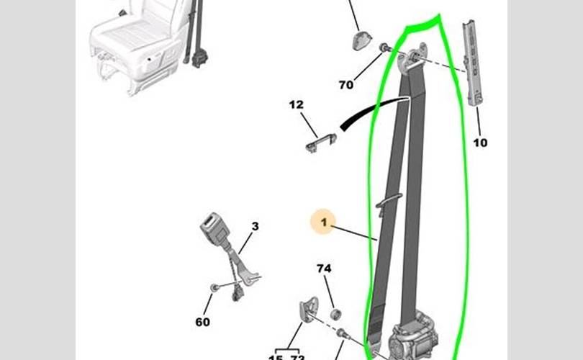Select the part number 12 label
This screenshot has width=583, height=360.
[x=297, y=105]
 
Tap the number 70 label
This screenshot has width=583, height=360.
[x=346, y=85]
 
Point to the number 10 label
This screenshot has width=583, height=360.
[x=480, y=143]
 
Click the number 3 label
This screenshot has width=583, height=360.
[x=255, y=227]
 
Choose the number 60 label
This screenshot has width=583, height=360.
[x=203, y=322]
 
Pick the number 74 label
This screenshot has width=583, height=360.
[x=324, y=269]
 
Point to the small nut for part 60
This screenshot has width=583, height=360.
[x=214, y=288]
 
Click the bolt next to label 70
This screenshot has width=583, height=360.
[x=384, y=49]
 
